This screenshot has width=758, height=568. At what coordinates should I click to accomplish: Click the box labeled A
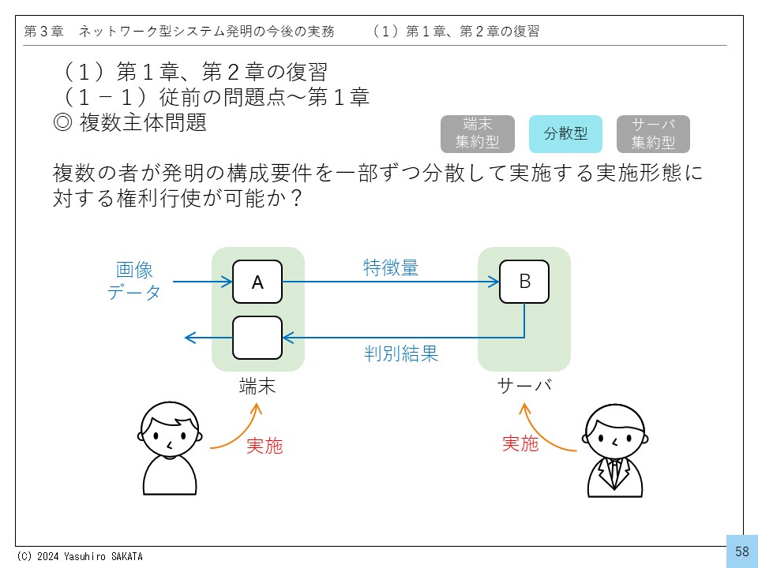pos(257,282)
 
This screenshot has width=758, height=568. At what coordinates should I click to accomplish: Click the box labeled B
pos(524,282)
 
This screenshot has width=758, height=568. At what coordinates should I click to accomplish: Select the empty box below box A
pos(257,338)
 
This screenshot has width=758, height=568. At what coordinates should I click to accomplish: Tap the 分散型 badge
pos(565,134)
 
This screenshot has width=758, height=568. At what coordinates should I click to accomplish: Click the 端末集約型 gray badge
pos(478,134)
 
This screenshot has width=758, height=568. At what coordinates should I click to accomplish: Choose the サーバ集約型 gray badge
pos(653,134)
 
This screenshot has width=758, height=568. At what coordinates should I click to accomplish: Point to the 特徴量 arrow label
pos(391,267)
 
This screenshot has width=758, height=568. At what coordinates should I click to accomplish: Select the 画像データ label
pos(133,281)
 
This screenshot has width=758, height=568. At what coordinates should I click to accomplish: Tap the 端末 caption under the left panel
pos(257,387)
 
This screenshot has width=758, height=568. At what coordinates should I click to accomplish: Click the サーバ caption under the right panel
pos(524,387)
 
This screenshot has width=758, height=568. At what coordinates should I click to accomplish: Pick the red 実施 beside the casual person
pos(265,447)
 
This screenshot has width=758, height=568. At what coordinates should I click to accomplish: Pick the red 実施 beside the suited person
pos(520,444)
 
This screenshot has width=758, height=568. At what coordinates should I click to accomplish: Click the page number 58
pos(741,551)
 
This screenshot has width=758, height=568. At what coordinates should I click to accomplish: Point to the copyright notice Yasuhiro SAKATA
pos(80,556)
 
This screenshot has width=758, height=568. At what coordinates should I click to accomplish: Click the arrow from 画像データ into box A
pos(202,282)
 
